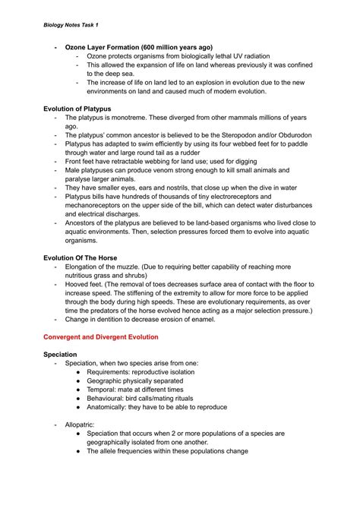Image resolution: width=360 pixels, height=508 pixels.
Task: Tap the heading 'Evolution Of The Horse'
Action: [80, 257]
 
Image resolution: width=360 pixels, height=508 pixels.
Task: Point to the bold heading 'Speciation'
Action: [60, 354]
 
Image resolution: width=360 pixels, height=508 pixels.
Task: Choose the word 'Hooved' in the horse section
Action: [80, 284]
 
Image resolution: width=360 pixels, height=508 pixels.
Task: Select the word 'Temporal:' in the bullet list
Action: [106, 389]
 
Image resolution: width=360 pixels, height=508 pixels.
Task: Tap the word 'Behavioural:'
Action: [112, 399]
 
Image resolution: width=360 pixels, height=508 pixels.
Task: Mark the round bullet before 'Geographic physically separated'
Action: [80, 379]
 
